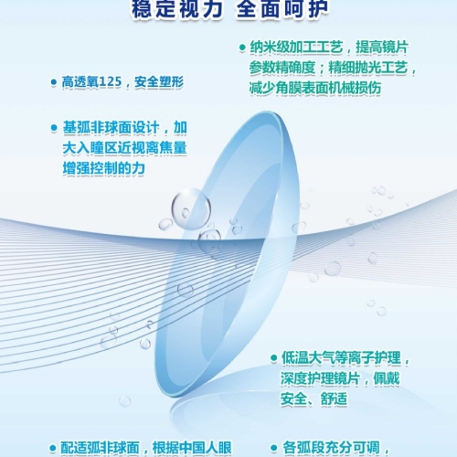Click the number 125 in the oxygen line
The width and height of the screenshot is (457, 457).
click(111, 81)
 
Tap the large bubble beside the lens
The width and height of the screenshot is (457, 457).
click(191, 208)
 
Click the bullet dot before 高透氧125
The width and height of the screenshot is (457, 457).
click(54, 82)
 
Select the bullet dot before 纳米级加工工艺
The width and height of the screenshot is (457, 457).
click(242, 48)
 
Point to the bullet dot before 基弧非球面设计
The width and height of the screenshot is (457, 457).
click(54, 128)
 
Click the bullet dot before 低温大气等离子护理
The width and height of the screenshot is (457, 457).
click(273, 358)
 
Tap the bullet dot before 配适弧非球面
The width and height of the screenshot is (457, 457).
click(53, 448)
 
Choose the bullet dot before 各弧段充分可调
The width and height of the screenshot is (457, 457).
click(273, 448)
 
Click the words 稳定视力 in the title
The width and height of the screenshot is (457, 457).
click(177, 8)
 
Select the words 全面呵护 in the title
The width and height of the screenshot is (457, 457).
click(282, 8)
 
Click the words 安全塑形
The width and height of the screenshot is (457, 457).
click(159, 81)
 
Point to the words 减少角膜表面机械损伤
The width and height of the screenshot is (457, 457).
click(315, 88)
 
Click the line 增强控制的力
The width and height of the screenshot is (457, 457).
click(104, 168)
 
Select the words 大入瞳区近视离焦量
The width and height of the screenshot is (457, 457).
click(124, 148)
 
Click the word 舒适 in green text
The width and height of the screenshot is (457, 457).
click(334, 399)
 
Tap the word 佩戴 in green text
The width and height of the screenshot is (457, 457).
click(387, 378)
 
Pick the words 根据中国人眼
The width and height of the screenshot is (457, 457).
click(192, 448)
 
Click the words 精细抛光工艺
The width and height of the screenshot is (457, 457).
click(368, 68)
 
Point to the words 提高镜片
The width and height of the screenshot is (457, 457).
click(382, 48)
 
